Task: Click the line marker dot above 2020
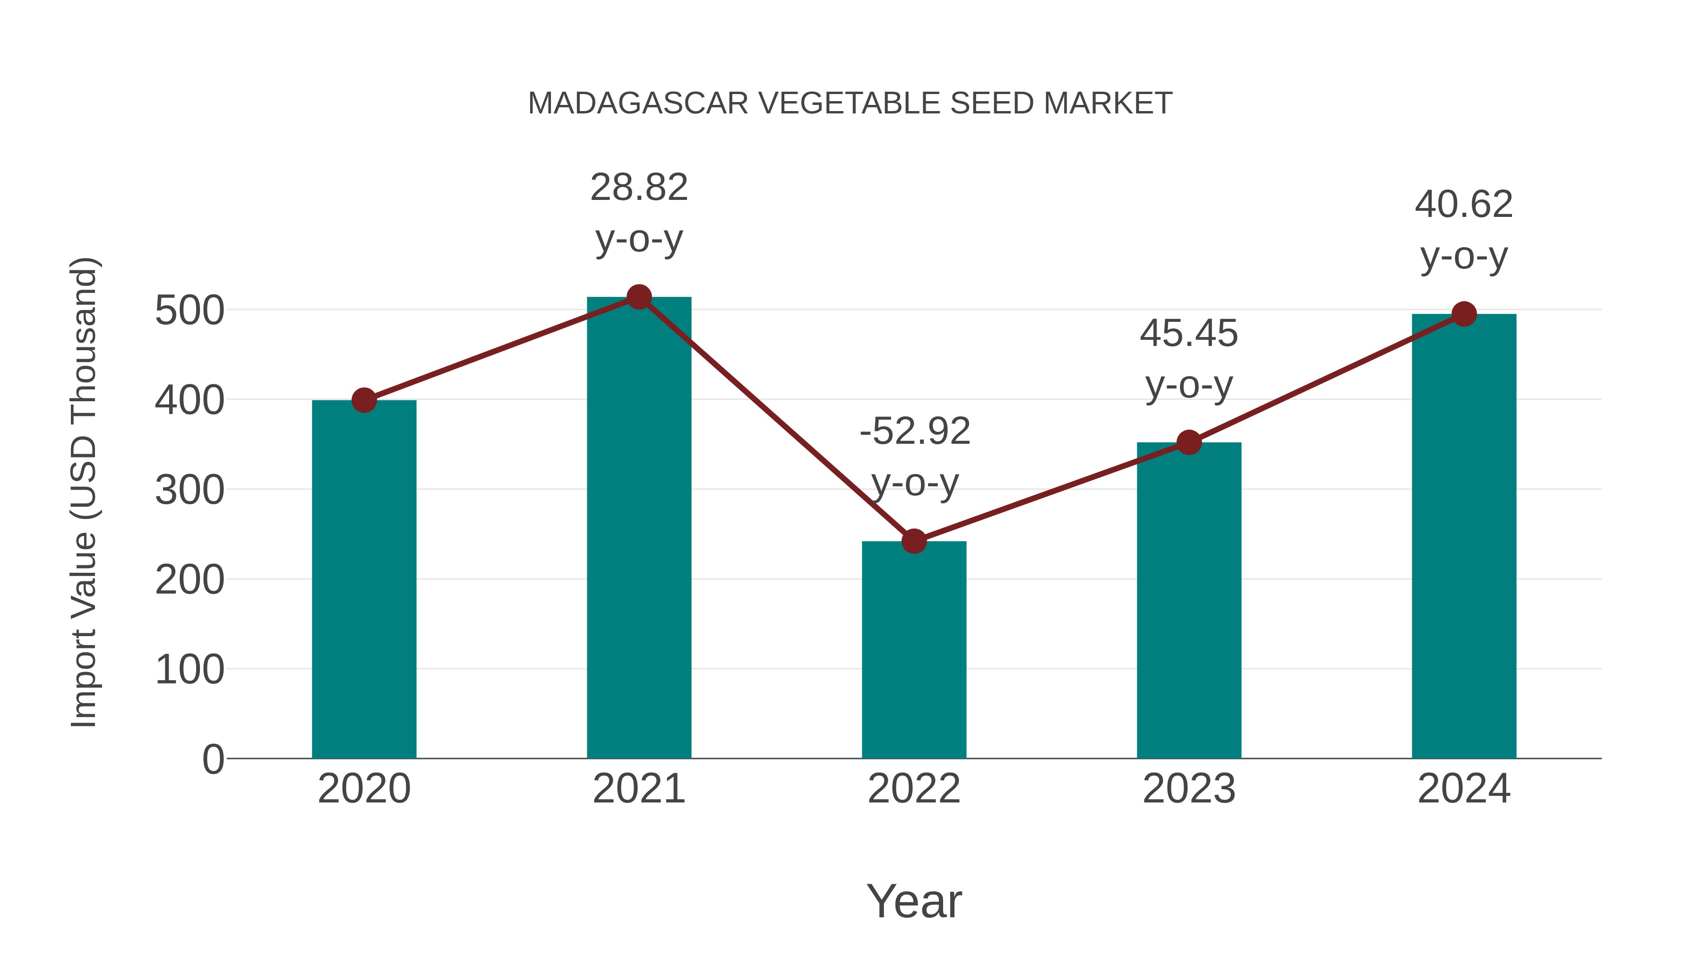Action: click(364, 400)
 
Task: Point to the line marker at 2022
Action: click(914, 542)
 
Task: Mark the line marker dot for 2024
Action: click(1464, 314)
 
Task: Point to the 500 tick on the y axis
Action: click(189, 310)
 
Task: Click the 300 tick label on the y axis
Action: click(189, 490)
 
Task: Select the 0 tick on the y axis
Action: click(213, 759)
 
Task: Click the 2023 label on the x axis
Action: click(1189, 789)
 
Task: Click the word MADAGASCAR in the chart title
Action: click(638, 103)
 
